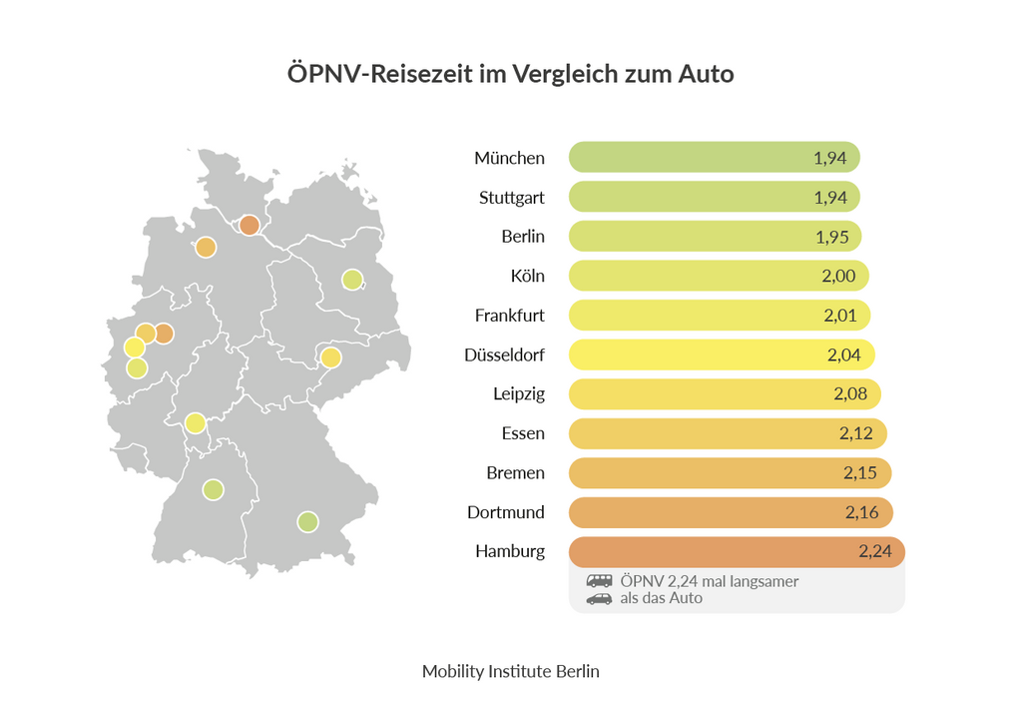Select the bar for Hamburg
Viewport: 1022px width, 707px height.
click(735, 552)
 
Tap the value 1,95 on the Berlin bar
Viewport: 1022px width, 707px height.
click(830, 237)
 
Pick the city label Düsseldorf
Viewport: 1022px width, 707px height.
click(504, 354)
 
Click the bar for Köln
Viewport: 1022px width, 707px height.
click(718, 276)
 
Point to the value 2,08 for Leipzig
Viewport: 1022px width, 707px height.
click(850, 394)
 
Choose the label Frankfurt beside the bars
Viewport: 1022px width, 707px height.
click(509, 316)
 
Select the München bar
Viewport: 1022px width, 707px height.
click(714, 158)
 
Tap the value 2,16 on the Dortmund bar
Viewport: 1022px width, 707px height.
click(861, 512)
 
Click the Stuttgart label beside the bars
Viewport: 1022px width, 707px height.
click(511, 198)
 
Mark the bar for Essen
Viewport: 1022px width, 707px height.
click(727, 433)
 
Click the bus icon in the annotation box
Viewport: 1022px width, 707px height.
click(599, 581)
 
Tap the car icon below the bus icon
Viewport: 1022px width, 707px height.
click(599, 599)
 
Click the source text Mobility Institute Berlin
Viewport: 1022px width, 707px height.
click(510, 671)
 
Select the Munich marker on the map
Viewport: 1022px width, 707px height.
click(307, 521)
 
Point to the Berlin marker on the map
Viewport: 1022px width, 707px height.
click(351, 280)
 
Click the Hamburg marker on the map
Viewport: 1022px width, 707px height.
click(249, 225)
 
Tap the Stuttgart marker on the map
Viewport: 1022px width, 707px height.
click(213, 489)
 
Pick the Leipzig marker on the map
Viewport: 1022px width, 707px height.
click(330, 357)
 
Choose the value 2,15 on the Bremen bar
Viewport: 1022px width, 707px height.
click(859, 473)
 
